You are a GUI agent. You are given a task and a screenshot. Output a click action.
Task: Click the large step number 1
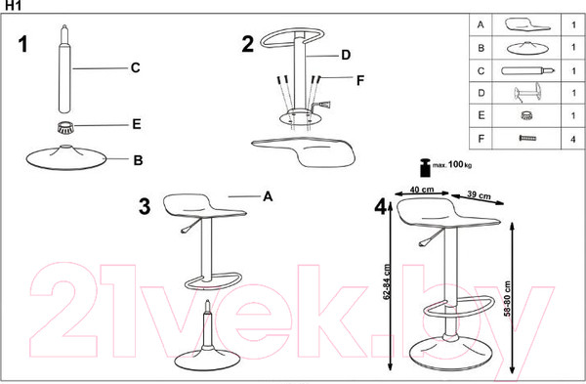23,44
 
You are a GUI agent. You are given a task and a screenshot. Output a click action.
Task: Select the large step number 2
248,44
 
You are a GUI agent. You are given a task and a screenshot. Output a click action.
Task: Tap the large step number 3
145,206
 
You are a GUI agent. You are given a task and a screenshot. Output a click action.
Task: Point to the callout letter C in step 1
136,67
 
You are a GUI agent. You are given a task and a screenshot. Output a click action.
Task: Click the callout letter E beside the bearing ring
137,124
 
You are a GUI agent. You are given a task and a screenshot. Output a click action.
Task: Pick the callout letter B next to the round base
138,160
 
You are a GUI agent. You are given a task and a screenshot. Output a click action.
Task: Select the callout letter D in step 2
346,55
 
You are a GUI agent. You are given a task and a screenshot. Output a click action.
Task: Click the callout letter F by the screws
360,80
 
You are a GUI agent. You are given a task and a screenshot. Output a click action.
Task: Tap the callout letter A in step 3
268,196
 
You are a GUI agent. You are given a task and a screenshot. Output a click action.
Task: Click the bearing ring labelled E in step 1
65,127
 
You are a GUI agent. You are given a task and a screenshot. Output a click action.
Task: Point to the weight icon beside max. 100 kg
425,168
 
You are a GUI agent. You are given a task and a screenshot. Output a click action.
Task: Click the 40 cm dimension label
422,190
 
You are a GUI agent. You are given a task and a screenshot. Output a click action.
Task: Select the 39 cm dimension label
480,195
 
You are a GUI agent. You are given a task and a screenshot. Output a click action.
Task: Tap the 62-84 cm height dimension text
387,282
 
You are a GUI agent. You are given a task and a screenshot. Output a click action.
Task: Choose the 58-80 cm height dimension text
507,299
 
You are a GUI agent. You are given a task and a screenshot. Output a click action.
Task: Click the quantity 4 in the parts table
573,140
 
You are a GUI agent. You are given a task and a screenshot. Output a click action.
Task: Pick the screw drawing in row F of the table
527,139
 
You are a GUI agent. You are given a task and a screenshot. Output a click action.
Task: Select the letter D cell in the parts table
481,93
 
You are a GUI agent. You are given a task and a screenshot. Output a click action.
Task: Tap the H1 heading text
14,5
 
